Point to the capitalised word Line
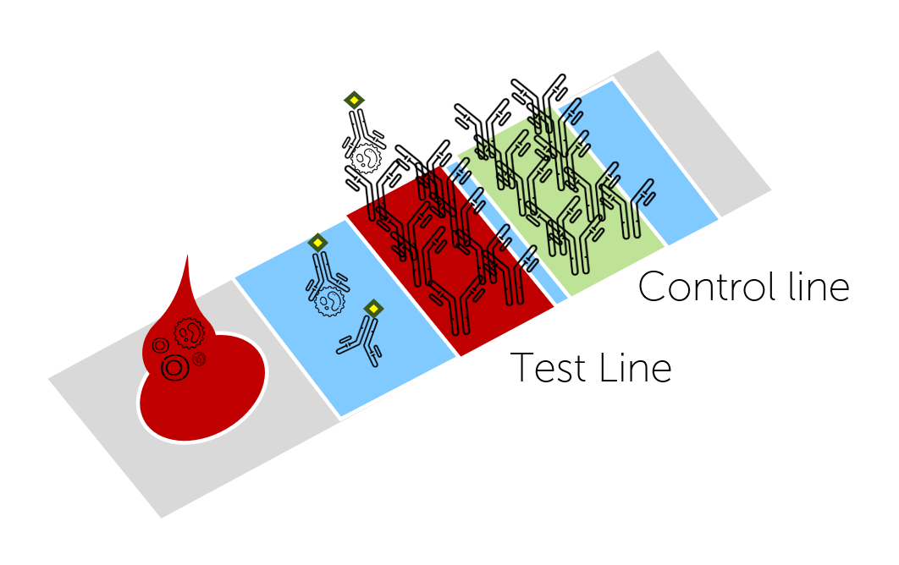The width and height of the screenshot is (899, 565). pyautogui.click(x=635, y=368)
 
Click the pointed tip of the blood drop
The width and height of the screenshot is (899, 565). pyautogui.click(x=188, y=257)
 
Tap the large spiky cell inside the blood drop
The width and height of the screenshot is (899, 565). pyautogui.click(x=189, y=332)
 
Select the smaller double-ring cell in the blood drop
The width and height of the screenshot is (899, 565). pyautogui.click(x=160, y=345)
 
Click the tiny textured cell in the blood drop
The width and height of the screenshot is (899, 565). pyautogui.click(x=200, y=359)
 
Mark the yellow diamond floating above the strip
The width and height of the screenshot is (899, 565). pyautogui.click(x=354, y=100)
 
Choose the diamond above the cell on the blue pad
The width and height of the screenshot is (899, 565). pyautogui.click(x=317, y=243)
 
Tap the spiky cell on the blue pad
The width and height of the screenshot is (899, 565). pyautogui.click(x=330, y=299)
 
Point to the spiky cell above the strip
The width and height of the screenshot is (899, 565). pyautogui.click(x=365, y=157)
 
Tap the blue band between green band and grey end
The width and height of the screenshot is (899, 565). pyautogui.click(x=669, y=186)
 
